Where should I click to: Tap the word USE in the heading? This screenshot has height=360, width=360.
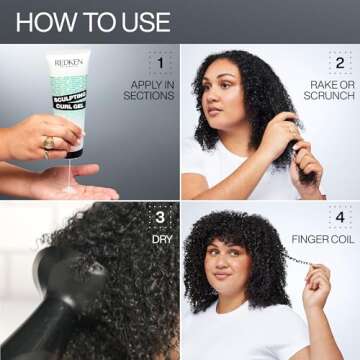coord(143,20)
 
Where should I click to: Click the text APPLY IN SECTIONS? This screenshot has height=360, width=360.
coord(148,89)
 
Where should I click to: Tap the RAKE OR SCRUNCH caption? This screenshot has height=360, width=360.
coord(329,89)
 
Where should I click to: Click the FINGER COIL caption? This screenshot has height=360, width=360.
coord(323,240)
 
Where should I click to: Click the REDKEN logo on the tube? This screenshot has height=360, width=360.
coord(69,62)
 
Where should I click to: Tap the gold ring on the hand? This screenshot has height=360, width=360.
coord(47,142)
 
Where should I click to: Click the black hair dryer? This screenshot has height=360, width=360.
coord(70,300)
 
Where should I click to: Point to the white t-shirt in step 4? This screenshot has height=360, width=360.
coord(250,335)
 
